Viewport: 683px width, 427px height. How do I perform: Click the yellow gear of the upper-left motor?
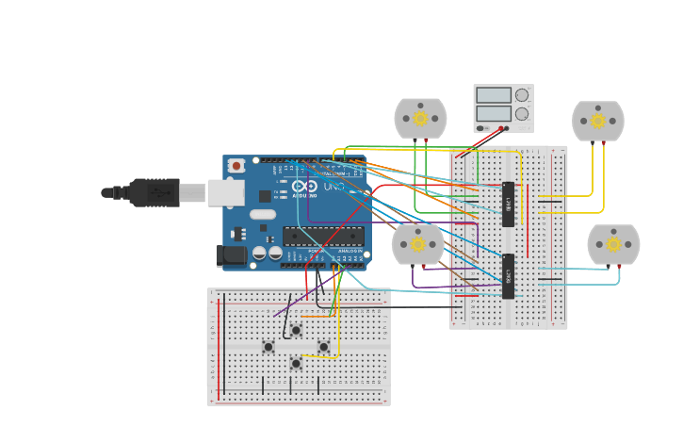pos(420,119)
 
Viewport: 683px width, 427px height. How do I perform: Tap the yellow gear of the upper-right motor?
pos(597,121)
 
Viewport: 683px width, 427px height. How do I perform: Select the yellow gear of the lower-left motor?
pos(417,244)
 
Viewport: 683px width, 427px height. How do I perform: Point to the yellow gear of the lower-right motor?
pos(613,245)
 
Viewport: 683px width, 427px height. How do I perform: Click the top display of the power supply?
pos(494,95)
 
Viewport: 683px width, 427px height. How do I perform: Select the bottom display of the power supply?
pos(494,114)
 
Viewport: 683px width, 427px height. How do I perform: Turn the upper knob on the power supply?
pos(522,95)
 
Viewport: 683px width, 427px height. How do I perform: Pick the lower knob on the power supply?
pos(522,114)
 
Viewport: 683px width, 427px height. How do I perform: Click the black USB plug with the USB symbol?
pos(154,192)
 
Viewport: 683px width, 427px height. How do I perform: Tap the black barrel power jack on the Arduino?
pos(232,255)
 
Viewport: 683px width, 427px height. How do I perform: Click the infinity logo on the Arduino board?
pos(304,187)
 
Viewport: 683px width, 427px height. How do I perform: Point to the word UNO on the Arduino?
pos(334,187)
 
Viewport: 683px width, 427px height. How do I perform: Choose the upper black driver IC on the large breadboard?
pos(508,205)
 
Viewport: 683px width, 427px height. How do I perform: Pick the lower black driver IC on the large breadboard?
pos(508,276)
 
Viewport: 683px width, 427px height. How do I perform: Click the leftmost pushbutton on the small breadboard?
pos(268,347)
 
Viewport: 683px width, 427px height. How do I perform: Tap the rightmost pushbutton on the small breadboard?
pos(324,347)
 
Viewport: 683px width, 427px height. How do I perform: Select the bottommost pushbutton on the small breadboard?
pos(296,363)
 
